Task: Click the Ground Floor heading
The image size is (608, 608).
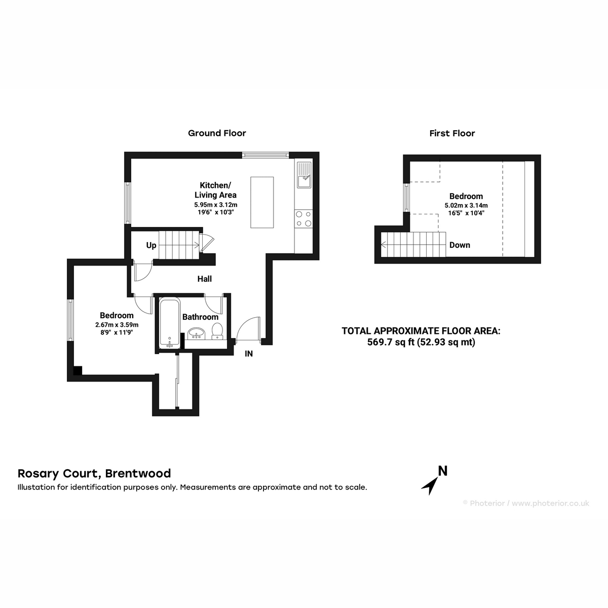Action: (217, 133)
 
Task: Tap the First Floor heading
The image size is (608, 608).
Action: (452, 133)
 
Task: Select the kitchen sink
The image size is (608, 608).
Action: (304, 174)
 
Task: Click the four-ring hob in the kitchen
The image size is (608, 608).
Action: (303, 219)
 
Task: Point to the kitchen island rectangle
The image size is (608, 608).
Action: (262, 202)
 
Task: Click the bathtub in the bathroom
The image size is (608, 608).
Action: (170, 324)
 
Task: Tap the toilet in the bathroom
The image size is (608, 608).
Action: (217, 331)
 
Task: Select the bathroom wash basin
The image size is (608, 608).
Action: (197, 333)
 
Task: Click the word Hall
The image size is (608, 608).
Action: (205, 279)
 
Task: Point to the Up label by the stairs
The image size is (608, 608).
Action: (151, 245)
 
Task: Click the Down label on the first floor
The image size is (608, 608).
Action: (460, 245)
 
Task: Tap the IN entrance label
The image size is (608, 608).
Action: (249, 354)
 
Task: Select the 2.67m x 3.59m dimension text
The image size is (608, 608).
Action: (117, 325)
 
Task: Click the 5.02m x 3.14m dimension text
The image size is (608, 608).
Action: (466, 205)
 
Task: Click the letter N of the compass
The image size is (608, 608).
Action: (443, 471)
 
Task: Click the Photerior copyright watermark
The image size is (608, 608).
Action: (526, 503)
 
